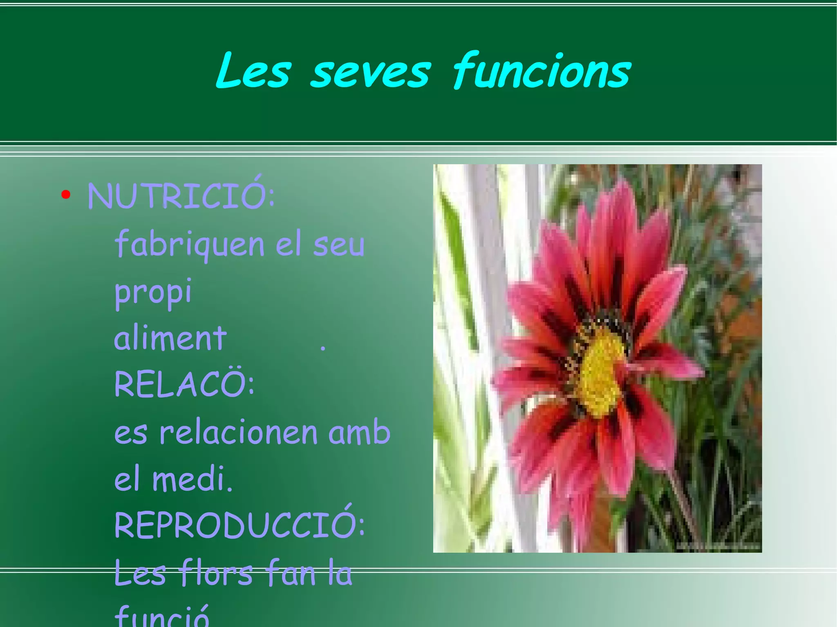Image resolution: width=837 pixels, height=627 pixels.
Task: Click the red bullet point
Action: click(x=66, y=195)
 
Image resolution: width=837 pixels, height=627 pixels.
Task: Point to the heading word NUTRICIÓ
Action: click(x=181, y=195)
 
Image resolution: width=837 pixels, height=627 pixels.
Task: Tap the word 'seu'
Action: click(x=339, y=246)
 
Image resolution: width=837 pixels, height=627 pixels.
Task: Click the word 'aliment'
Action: click(x=170, y=338)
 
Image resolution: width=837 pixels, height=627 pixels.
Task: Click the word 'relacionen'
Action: click(x=238, y=433)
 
